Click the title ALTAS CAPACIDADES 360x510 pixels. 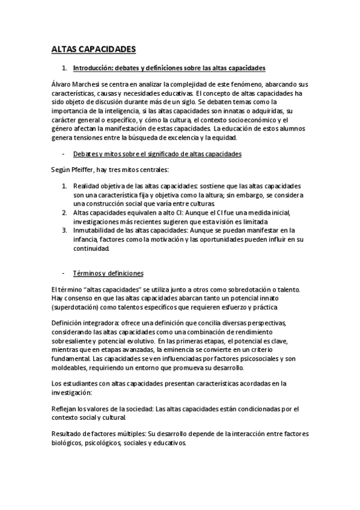tap(94, 49)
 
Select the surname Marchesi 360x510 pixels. tap(84, 84)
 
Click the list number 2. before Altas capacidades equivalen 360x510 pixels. tap(65, 212)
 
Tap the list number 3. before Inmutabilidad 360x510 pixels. tap(65, 230)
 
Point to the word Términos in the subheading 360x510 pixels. tap(87, 273)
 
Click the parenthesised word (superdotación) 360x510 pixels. tap(78, 307)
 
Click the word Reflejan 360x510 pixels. tap(66, 408)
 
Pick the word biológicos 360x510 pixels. tap(70, 443)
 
